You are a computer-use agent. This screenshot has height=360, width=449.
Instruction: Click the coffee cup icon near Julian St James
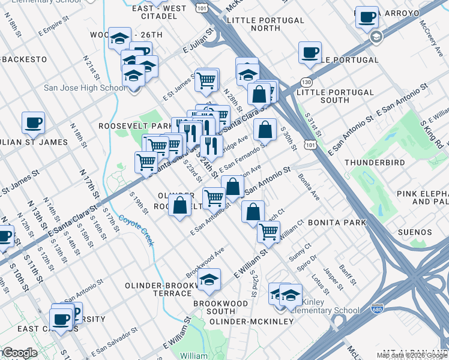pyautogui.click(x=33, y=123)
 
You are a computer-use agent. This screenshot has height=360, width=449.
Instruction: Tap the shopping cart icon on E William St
pyautogui.click(x=268, y=232)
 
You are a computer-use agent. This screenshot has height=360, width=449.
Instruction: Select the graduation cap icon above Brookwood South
pyautogui.click(x=209, y=280)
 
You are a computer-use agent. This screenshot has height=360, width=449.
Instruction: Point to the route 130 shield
pyautogui.click(x=307, y=82)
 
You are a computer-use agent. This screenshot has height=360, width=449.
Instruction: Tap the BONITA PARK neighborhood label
pyautogui.click(x=336, y=223)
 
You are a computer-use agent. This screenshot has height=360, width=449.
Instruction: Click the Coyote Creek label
pyautogui.click(x=136, y=230)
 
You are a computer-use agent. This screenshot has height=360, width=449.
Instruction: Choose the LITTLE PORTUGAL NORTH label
pyautogui.click(x=266, y=24)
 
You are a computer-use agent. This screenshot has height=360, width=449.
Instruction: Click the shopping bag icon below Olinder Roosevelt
pyautogui.click(x=179, y=206)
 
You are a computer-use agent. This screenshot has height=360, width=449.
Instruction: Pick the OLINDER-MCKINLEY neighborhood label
pyautogui.click(x=252, y=322)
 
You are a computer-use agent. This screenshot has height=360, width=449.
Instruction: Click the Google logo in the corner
pyautogui.click(x=20, y=353)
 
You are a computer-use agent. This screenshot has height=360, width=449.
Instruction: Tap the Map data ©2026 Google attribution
pyautogui.click(x=412, y=355)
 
